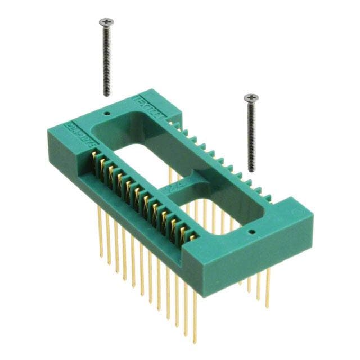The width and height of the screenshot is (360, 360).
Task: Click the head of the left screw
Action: [106, 22]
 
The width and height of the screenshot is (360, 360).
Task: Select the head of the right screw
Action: [251, 98]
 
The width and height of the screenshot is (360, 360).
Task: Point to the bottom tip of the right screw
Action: [251, 170]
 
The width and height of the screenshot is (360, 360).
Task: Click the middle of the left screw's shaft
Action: [106, 56]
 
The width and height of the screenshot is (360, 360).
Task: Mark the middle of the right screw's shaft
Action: [251, 135]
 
